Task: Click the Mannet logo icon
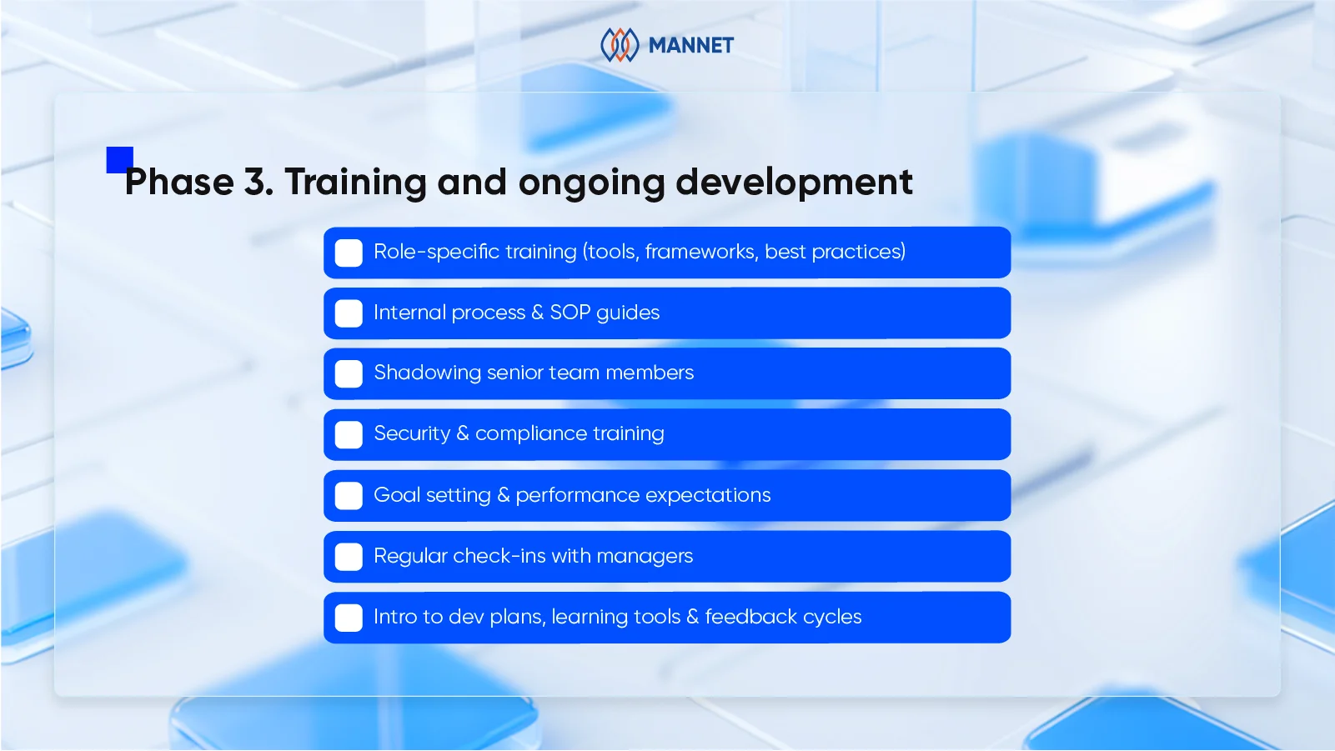click(x=620, y=45)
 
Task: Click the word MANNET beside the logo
click(x=690, y=46)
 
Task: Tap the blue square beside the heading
click(x=119, y=159)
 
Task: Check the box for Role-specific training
click(x=349, y=253)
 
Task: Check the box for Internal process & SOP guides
click(x=349, y=313)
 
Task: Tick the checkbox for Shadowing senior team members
click(x=349, y=373)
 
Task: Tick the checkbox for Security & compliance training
click(x=349, y=434)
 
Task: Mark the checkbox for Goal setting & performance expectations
click(x=349, y=496)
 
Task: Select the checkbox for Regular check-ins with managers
click(x=349, y=557)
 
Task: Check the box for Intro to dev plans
click(x=349, y=618)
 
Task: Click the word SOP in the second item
click(x=570, y=313)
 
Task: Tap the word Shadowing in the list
click(x=427, y=373)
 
